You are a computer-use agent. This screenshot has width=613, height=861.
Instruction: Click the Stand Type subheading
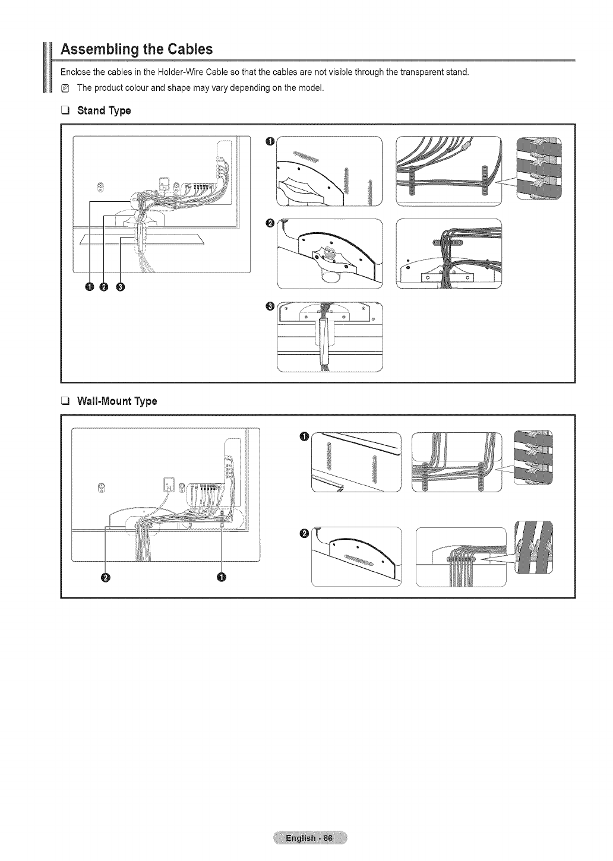click(103, 110)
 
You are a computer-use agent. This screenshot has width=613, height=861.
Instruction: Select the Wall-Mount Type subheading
click(117, 401)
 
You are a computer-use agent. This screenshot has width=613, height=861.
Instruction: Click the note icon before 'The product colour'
click(66, 88)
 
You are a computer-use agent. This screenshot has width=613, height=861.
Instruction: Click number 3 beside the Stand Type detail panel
click(270, 306)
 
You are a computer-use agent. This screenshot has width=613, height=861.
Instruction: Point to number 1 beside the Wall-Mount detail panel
click(304, 438)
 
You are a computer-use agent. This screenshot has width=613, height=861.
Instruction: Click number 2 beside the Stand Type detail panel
click(270, 223)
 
